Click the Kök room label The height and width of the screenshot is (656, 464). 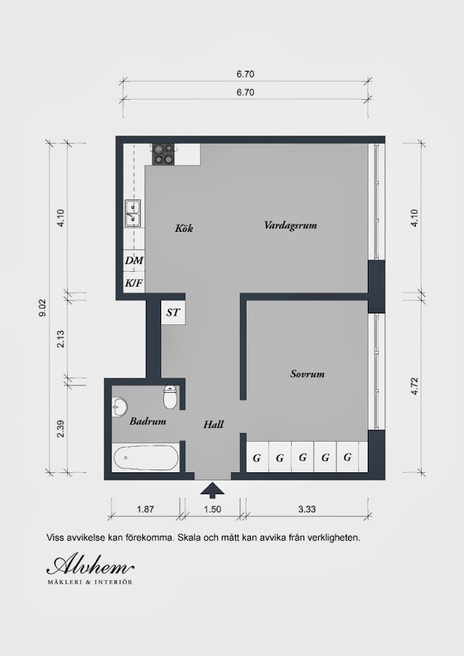[x=184, y=228]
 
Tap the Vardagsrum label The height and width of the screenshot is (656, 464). [x=290, y=225]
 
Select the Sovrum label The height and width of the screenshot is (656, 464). [x=307, y=374]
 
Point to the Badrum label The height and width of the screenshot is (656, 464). [x=147, y=421]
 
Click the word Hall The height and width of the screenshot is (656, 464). [x=213, y=424]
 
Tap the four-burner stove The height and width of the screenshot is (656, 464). [x=163, y=154]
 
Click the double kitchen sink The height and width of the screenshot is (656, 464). [x=133, y=213]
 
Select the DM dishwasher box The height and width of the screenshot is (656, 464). [x=134, y=260]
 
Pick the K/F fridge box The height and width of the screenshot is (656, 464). [x=134, y=282]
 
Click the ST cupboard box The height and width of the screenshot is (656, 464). [x=174, y=312]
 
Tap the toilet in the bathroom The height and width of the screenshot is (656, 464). [x=169, y=397]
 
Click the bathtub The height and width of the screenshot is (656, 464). [x=145, y=459]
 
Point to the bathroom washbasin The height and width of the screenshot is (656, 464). [x=120, y=407]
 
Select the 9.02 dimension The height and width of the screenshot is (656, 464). [x=42, y=308]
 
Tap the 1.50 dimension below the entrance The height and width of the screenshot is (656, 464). [x=212, y=509]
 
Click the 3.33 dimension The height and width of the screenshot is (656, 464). [x=307, y=509]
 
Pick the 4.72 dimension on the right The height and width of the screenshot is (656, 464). [x=414, y=386]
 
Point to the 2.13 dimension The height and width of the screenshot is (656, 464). [x=61, y=339]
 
